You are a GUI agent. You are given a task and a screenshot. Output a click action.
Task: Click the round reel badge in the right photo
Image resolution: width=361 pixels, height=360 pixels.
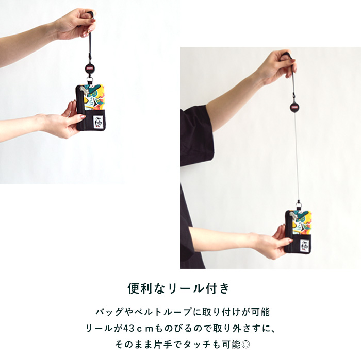(x=294, y=107)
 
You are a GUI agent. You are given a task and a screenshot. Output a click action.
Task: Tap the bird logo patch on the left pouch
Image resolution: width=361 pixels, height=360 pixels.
(x=97, y=121)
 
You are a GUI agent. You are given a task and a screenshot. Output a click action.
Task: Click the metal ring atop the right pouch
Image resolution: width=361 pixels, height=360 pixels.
(x=299, y=203)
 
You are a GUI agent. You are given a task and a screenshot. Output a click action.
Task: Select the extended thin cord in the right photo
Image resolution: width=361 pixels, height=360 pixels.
(x=297, y=156)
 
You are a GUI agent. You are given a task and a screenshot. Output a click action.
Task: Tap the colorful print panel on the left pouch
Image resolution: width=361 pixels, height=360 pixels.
(x=95, y=97)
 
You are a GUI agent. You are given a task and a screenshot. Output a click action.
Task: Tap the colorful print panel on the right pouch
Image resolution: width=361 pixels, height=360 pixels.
(x=302, y=222)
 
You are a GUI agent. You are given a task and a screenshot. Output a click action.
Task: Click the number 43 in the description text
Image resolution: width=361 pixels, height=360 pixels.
(x=129, y=328)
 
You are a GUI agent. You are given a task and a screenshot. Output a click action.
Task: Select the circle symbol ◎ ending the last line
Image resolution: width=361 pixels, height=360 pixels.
(x=246, y=345)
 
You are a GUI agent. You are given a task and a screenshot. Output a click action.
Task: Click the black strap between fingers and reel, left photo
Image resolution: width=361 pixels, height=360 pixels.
(x=89, y=46)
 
